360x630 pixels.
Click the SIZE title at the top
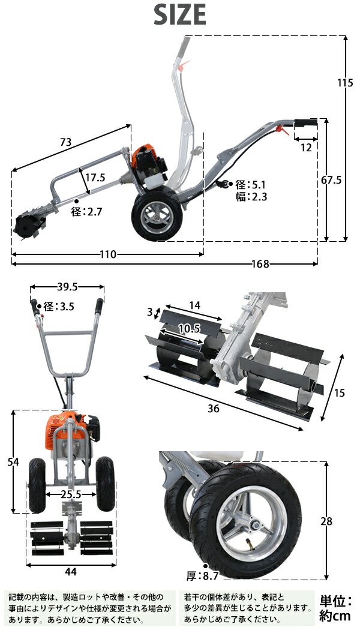tap(179, 15)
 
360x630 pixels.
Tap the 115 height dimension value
tap(345, 83)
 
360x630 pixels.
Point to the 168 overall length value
tap(260, 264)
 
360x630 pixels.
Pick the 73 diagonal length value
tap(65, 142)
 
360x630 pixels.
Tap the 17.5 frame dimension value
tap(95, 177)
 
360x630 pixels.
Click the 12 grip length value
tap(306, 148)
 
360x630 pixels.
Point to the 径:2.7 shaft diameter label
tap(87, 212)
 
